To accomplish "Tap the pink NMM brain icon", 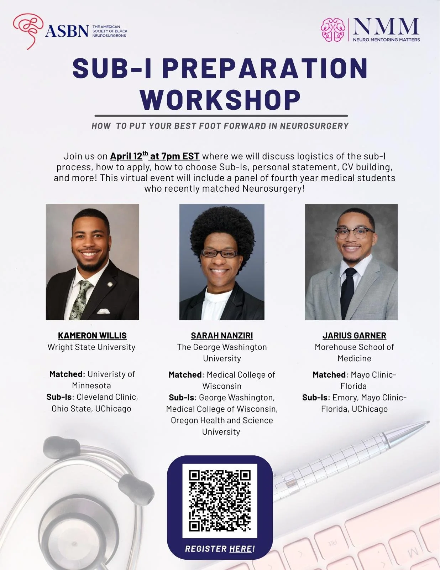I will tap(333, 30).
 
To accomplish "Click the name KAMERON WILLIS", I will tap(92, 336).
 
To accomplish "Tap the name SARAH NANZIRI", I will tap(222, 336).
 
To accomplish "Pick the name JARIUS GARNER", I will tap(354, 336).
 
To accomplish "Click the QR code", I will tap(220, 501).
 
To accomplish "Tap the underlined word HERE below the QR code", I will tap(241, 549).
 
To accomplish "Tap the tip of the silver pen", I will tap(426, 423).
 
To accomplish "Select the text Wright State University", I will tap(91, 347).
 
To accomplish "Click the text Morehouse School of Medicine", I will tap(354, 353).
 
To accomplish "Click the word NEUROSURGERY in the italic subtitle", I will tap(314, 126).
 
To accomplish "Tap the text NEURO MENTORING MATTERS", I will tap(386, 40).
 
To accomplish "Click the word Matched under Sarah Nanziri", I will tap(185, 375).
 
